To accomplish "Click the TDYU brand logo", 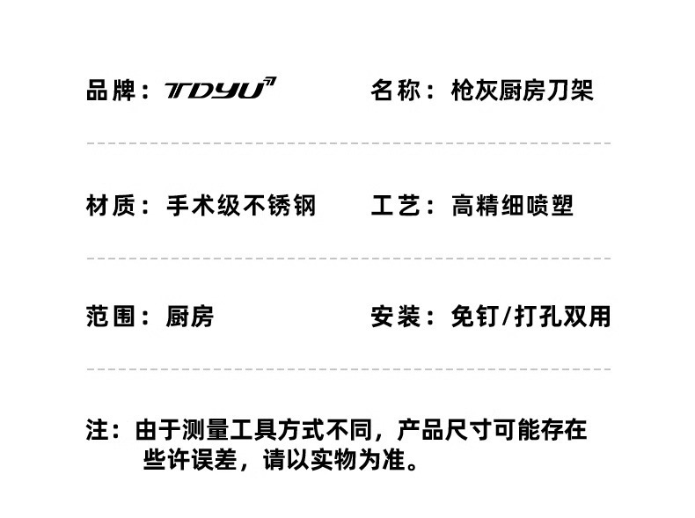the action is pyautogui.click(x=220, y=89).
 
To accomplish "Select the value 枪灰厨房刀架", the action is pyautogui.click(x=522, y=90).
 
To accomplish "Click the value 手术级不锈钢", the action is pyautogui.click(x=241, y=206).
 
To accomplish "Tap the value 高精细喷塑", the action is pyautogui.click(x=512, y=206).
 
